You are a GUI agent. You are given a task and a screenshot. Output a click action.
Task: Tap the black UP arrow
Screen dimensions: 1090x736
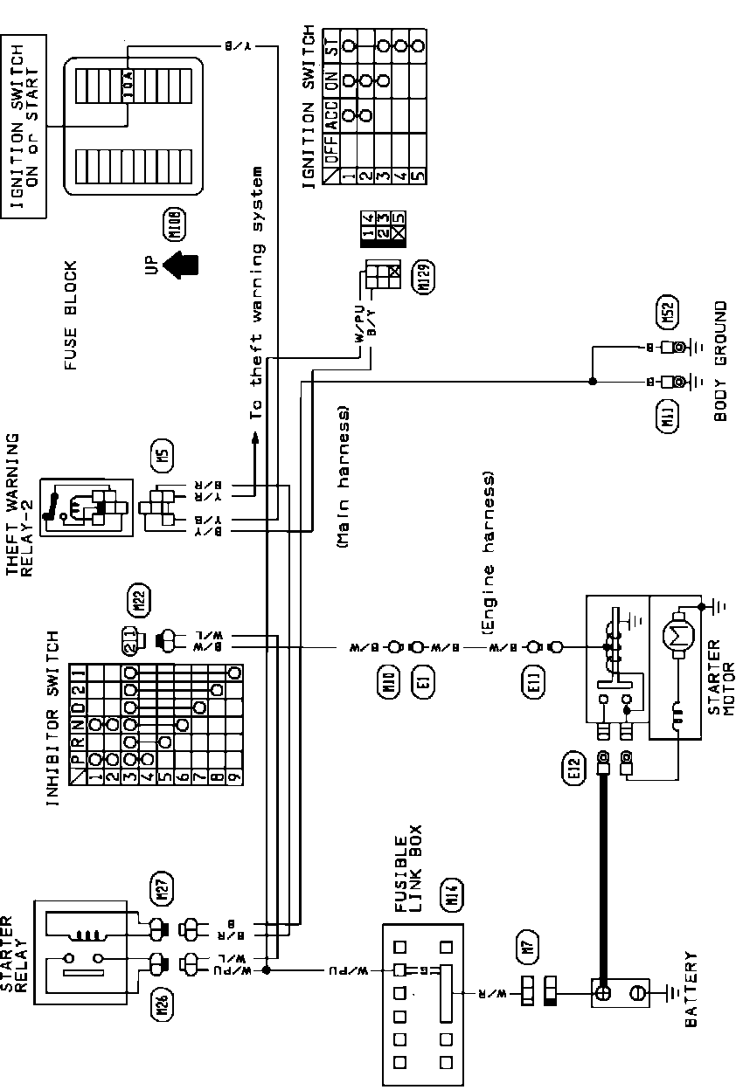[181, 265]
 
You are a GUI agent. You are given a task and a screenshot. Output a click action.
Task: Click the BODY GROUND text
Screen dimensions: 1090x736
[720, 362]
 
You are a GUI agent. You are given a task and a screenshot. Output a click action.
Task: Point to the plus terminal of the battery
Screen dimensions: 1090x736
[602, 993]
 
